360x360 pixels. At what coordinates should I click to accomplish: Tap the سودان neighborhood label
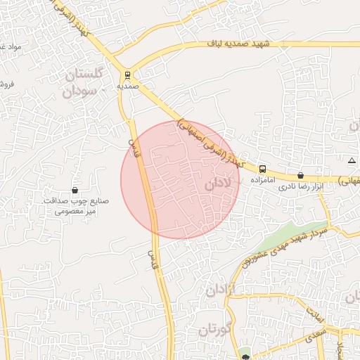tap(79, 91)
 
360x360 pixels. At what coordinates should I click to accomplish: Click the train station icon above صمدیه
tap(127, 75)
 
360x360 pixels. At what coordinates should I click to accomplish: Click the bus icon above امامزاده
tap(262, 169)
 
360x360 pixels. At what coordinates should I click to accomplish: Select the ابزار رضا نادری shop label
tap(303, 188)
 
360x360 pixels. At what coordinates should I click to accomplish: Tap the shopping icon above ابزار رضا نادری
tap(301, 176)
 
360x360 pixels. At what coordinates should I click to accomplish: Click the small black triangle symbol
tap(352, 161)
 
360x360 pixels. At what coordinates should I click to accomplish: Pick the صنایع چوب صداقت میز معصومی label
tap(73, 206)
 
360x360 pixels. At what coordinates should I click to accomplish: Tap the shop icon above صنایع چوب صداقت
tap(75, 190)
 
